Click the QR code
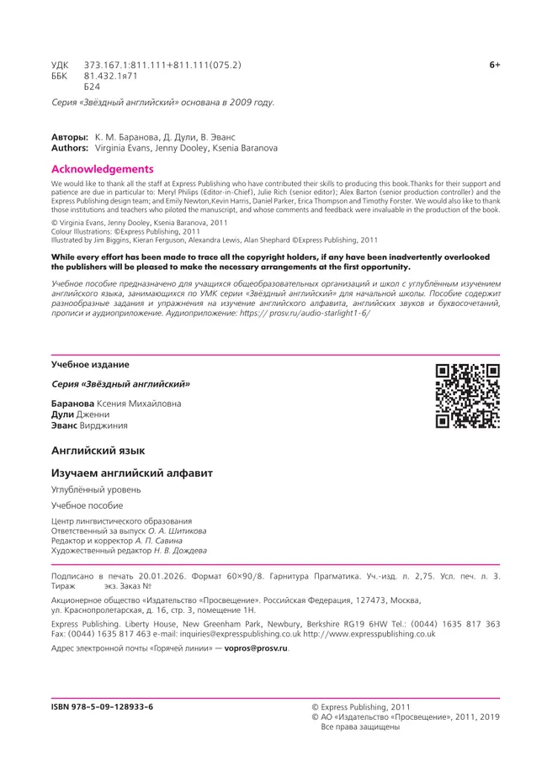(467, 395)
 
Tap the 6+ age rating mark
(495, 65)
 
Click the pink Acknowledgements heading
(103, 169)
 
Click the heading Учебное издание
(90, 364)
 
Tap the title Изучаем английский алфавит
(132, 473)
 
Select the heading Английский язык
(98, 452)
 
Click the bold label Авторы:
(70, 136)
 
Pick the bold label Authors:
(71, 147)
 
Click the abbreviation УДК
(62, 65)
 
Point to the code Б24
(93, 87)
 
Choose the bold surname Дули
(65, 415)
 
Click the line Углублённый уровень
(97, 489)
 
